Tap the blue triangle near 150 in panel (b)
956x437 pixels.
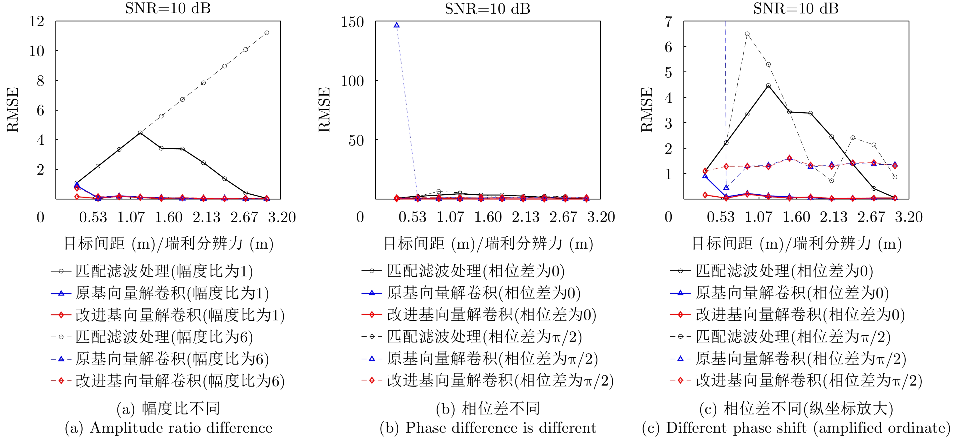[397, 25]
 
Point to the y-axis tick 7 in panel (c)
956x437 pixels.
[668, 21]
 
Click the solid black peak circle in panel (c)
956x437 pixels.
[768, 86]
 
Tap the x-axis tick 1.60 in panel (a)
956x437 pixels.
[169, 217]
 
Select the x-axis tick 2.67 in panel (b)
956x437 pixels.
[563, 217]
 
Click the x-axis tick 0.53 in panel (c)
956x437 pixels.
[720, 217]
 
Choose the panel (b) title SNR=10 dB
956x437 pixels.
[488, 9]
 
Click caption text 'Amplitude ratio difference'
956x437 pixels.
[181, 428]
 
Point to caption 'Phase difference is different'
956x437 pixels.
[501, 428]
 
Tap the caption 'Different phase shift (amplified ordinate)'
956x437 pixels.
[808, 428]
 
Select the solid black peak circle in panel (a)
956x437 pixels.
[140, 133]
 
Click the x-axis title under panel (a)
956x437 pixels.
[169, 244]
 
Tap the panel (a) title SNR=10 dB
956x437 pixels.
[168, 9]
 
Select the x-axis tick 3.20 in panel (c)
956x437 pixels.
[909, 217]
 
